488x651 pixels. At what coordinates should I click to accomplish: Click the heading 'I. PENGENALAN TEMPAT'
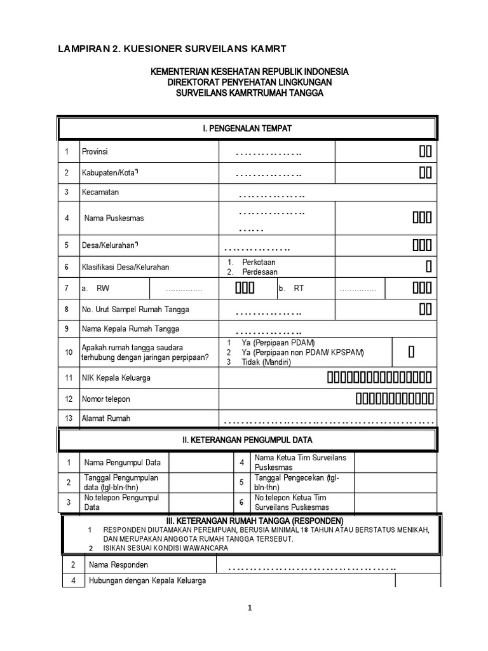247,128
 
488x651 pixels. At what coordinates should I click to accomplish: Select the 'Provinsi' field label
95,151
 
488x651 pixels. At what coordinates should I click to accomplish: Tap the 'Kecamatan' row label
100,192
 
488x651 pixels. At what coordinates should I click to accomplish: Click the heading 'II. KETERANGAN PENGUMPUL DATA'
247,439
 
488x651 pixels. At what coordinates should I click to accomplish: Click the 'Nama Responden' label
118,565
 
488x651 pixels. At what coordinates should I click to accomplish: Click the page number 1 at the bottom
250,608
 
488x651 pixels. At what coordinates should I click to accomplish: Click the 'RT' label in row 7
299,289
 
